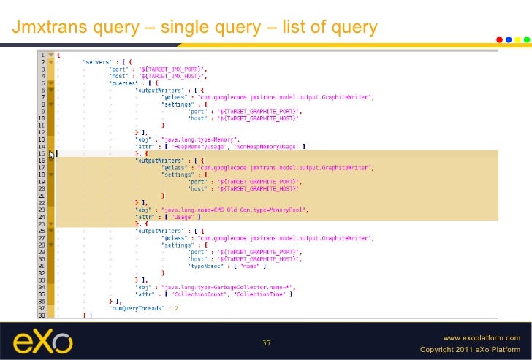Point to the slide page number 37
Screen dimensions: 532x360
266,343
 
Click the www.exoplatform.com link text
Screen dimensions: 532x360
482,338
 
